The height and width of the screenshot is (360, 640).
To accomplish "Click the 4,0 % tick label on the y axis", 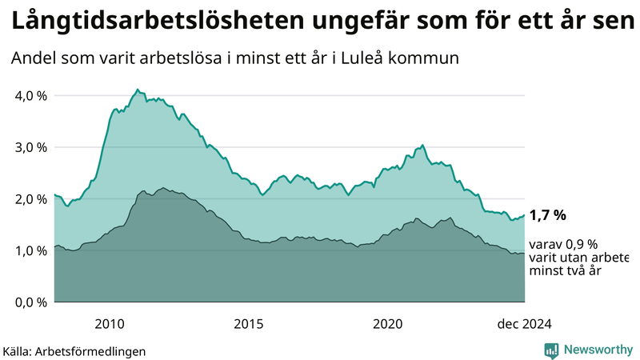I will pos(30,96).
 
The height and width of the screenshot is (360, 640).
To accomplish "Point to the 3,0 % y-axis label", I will pos(30,147).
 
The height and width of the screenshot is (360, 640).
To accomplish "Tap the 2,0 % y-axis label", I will pos(30,199).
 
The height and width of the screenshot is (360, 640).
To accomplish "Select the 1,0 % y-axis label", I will pos(30,250).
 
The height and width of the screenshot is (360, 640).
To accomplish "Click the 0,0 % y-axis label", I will pos(30,302).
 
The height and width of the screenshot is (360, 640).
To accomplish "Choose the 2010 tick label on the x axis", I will pos(110,323).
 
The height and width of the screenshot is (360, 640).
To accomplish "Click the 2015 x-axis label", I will pos(249,323).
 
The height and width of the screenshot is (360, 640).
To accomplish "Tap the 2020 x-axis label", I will pos(388,323).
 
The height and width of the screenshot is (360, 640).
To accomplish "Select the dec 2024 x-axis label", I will pos(524,323).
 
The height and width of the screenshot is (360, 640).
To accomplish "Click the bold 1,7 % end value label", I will pos(548,214).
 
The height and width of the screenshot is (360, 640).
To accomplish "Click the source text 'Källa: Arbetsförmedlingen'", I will pos(74,350).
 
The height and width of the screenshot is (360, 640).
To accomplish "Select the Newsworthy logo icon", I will pos(551,350).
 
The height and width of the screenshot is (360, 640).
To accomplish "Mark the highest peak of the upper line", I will pos(138,90).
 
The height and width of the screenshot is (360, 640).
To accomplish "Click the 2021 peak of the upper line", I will pos(422,146).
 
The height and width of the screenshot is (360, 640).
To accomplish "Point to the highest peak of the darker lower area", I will pos(162,188).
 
